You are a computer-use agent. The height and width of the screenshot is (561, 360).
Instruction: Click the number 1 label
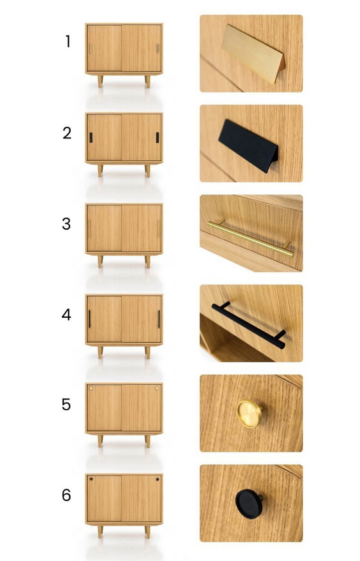pos(67,42)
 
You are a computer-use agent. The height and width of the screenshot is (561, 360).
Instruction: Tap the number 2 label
pos(67,134)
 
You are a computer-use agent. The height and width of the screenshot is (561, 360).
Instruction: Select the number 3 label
pos(67,225)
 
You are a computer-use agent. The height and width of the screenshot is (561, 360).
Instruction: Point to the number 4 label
pos(67,315)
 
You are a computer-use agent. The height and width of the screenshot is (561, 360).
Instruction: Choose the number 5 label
pos(67,405)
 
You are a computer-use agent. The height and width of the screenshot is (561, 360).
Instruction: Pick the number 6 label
pos(67,495)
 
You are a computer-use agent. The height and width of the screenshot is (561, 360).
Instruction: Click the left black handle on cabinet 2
pos(91,137)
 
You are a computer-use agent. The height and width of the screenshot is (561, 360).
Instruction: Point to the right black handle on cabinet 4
pos(159,318)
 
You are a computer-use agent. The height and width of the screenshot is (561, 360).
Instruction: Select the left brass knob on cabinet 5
pos(91,389)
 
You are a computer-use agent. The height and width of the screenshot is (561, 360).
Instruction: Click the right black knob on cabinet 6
pos(157,479)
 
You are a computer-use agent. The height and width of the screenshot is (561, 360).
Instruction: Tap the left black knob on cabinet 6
pos(91,479)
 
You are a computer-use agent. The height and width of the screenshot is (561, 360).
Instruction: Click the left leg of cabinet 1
pos(100,81)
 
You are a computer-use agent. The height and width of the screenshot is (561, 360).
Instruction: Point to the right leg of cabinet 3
pos(147,262)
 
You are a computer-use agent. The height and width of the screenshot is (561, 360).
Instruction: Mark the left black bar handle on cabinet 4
pos(89,318)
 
